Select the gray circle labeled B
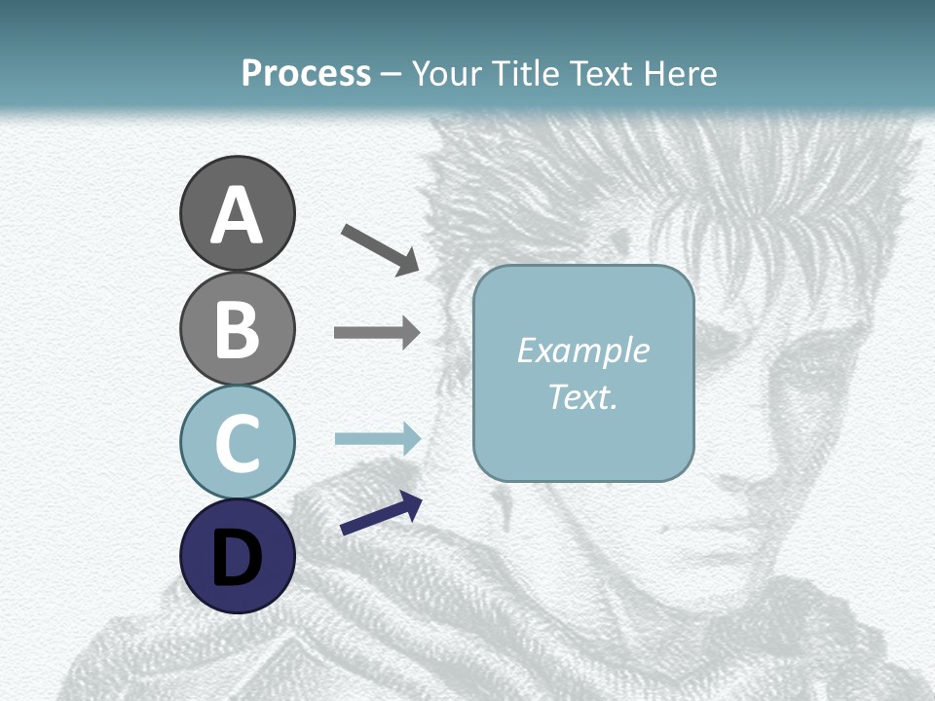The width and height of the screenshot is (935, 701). click(237, 328)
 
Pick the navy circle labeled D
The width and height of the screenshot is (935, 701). click(237, 556)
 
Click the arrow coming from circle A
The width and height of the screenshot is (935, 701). click(380, 249)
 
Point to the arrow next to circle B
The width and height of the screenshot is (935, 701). click(377, 333)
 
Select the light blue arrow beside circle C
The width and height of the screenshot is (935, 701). click(377, 439)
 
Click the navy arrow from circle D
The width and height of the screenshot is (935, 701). click(381, 514)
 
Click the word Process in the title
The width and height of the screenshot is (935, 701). click(306, 73)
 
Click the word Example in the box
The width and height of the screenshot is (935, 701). click(582, 350)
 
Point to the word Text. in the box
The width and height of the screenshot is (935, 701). click(582, 397)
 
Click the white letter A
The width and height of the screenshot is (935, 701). click(237, 216)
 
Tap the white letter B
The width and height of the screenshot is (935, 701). click(237, 330)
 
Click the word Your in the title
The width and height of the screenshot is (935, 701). click(447, 73)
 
